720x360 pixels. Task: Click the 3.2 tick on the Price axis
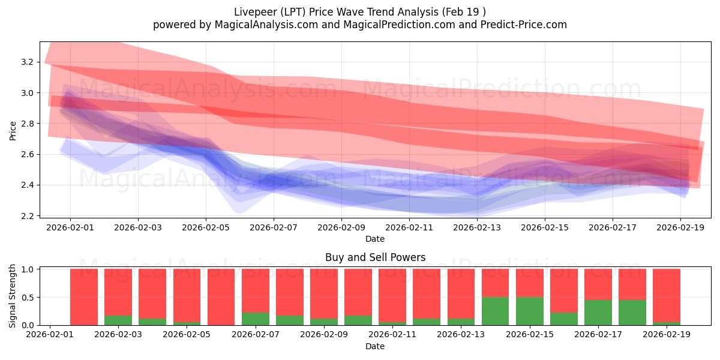click(x=28, y=62)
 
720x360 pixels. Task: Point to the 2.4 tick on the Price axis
click(x=28, y=185)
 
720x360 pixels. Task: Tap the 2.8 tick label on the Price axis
click(x=28, y=124)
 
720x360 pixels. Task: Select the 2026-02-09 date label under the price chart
click(x=341, y=228)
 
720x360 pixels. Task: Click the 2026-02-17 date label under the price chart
click(x=613, y=228)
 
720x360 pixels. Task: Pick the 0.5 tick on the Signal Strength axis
click(x=28, y=298)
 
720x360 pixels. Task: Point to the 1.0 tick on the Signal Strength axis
click(x=28, y=269)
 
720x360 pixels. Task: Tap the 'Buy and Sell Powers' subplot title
click(x=375, y=257)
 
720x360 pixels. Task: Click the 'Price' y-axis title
click(x=13, y=130)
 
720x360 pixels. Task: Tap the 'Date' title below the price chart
click(x=375, y=239)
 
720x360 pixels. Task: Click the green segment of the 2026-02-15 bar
click(x=530, y=311)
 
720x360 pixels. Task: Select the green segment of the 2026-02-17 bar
click(x=598, y=313)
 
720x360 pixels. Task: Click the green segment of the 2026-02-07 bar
click(x=256, y=319)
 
